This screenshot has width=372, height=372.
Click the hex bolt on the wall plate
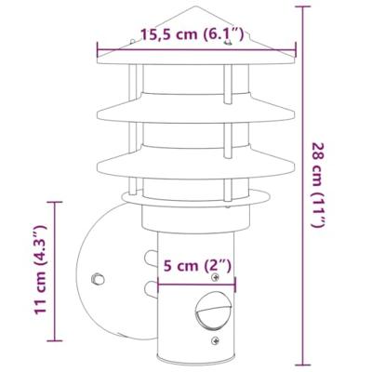click(96, 277)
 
